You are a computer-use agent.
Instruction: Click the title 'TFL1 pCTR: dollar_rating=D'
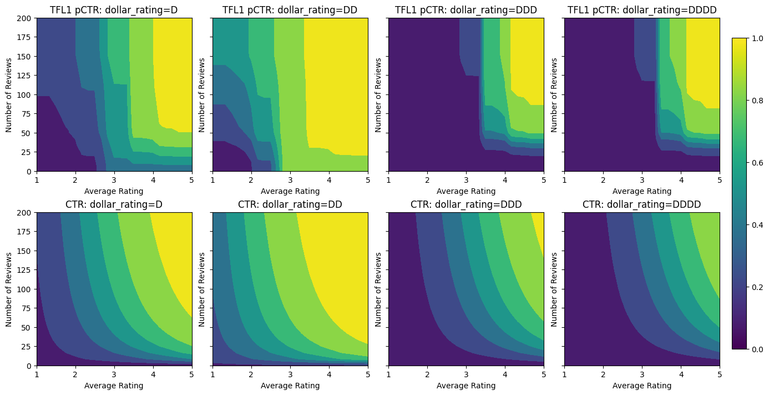click(114, 10)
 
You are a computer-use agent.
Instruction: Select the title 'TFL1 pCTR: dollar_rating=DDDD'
click(642, 10)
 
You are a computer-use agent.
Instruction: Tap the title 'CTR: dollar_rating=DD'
click(290, 204)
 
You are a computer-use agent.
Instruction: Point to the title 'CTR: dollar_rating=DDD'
click(466, 204)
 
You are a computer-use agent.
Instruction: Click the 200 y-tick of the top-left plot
click(26, 18)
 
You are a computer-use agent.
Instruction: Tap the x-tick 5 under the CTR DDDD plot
click(720, 374)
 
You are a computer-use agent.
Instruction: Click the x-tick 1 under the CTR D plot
click(37, 374)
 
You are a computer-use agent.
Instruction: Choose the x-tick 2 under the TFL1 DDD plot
click(427, 180)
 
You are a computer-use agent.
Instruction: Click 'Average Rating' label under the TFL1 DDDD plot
click(642, 191)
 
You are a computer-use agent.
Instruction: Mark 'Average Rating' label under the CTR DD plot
click(290, 386)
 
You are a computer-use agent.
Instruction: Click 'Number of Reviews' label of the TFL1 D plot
click(9, 94)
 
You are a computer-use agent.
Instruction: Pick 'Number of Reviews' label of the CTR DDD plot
click(378, 289)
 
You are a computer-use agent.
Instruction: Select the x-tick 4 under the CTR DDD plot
click(505, 374)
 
